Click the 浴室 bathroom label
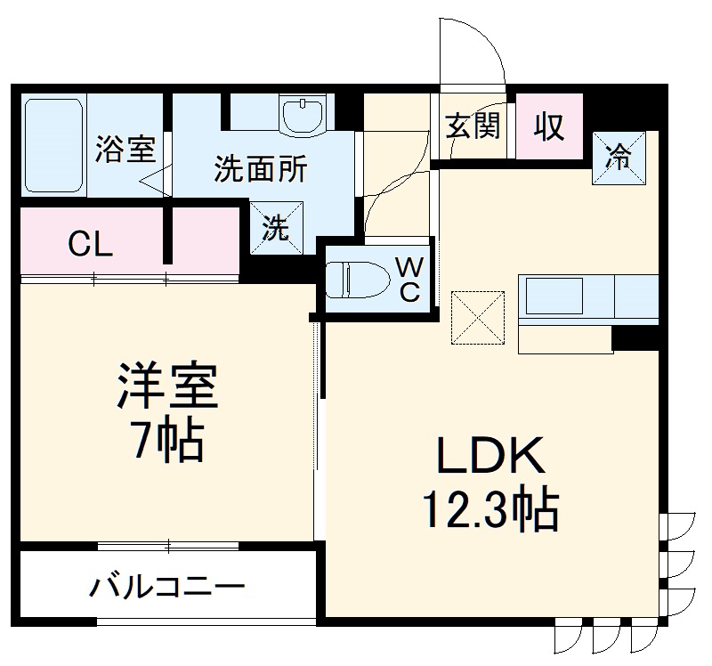click(x=125, y=150)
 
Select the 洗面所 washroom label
click(x=260, y=169)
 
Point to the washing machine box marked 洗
click(x=276, y=228)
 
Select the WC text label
click(x=409, y=280)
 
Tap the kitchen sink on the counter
click(x=554, y=296)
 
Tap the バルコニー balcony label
click(x=167, y=589)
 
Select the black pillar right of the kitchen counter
click(x=635, y=338)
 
